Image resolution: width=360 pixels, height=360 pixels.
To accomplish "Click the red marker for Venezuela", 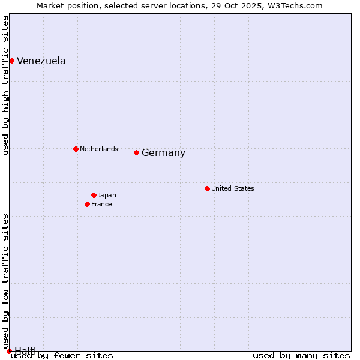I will tap(11, 61).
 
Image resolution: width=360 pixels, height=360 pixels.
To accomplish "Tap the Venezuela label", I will tap(41, 61).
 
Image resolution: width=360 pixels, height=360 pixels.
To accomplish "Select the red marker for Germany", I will tap(136, 152).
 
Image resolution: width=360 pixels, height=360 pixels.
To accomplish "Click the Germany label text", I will tap(163, 153).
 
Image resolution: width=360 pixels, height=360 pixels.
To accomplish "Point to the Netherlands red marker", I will tap(76, 149).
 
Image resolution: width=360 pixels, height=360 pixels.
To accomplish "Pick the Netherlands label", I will tap(99, 149).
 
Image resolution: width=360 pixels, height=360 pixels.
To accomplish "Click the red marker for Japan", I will tap(94, 195).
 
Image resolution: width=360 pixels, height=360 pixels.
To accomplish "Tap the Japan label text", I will tap(107, 195).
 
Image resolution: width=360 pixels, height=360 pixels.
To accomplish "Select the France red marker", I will tap(87, 204).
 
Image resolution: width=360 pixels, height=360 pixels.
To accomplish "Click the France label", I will tap(101, 204).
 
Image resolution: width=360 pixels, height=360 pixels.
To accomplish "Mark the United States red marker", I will tap(207, 188).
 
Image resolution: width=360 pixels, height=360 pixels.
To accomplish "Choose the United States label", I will tap(233, 188).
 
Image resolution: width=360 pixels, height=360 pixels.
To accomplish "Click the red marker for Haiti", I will tap(9, 351).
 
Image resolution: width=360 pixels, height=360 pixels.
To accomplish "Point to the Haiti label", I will tap(25, 351).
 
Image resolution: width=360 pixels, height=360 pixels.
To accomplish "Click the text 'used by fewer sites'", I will tap(62, 356).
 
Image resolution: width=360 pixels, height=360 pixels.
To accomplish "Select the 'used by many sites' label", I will tap(301, 356).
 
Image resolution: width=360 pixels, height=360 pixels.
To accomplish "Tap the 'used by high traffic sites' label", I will tap(6, 85).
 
